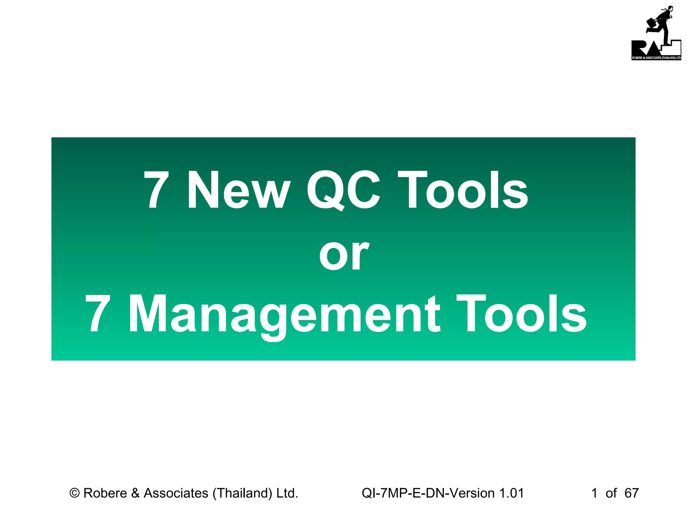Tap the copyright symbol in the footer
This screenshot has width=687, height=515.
[74, 493]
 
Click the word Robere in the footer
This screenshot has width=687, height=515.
[105, 493]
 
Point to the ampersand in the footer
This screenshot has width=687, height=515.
[135, 493]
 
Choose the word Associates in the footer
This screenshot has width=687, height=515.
[176, 493]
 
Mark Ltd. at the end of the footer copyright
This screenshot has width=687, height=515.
[287, 493]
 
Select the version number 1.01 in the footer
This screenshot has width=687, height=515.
[511, 493]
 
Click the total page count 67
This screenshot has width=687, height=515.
[631, 493]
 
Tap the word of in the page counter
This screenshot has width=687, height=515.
[611, 493]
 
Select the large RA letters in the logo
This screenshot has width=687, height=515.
[646, 49]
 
